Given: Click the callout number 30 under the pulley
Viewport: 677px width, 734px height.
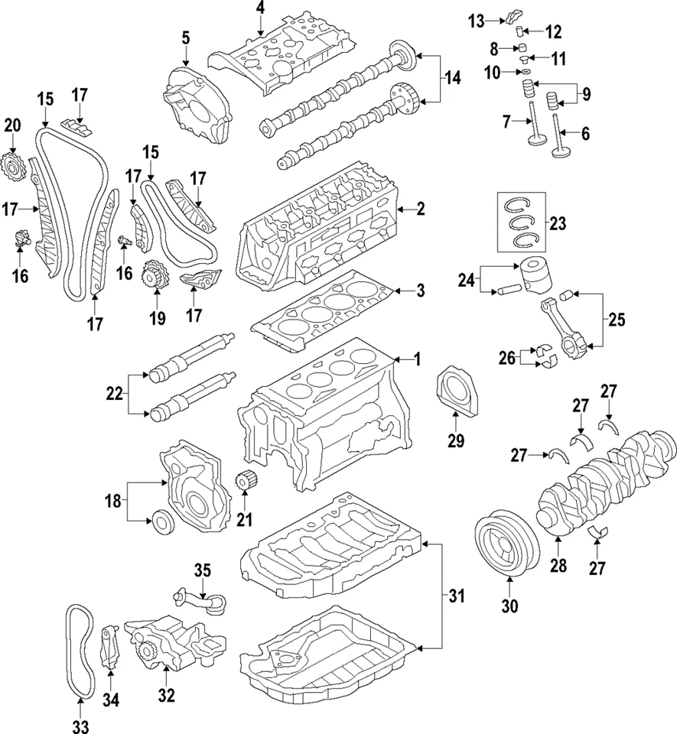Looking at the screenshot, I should click(509, 607).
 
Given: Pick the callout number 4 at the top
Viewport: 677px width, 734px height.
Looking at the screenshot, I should click(260, 8).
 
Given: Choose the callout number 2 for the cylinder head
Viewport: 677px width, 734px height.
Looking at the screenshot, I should click(419, 209).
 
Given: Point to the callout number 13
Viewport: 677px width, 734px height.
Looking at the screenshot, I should click(476, 21).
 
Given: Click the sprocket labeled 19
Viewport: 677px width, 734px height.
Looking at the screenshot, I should click(156, 278).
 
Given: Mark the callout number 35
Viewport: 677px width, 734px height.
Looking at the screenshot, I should click(202, 570).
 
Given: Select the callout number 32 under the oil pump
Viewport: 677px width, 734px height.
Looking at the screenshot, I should click(166, 695).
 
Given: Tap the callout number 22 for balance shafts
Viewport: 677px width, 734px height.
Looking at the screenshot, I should click(115, 394).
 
